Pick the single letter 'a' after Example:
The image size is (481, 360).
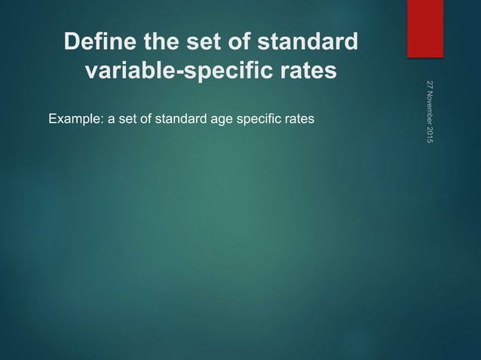pos(111,119)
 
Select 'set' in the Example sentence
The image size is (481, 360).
pos(125,119)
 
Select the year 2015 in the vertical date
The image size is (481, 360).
pos(429,137)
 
